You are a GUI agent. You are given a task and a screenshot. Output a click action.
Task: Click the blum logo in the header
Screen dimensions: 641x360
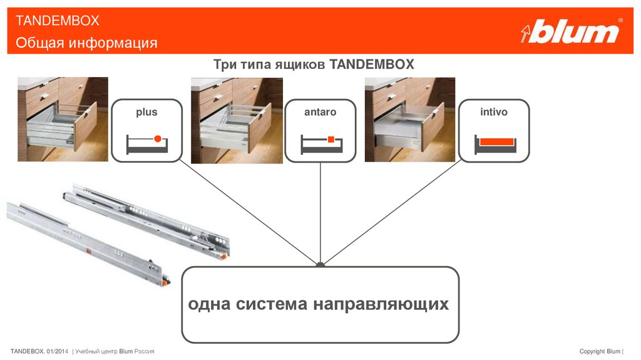pos(572,31)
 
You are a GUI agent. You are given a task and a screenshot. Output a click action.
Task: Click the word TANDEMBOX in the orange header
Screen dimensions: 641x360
pos(57,21)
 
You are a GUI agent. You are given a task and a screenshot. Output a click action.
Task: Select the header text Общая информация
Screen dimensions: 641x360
pos(86,43)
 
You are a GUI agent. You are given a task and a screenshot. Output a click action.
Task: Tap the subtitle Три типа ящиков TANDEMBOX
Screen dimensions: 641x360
pos(314,64)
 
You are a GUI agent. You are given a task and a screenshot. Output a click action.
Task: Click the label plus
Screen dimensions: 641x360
pos(146,112)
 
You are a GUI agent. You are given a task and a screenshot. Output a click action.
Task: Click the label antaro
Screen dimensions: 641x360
pos(320,112)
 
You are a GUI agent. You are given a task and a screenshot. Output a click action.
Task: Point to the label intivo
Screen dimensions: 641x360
pos(493,112)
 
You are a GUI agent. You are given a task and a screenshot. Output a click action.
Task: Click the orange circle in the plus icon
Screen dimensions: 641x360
pos(157,139)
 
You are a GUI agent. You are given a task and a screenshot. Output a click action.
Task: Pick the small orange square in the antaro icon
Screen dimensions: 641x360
pos(331,140)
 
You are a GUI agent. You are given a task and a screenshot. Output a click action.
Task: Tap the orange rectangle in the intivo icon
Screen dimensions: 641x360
pos(496,142)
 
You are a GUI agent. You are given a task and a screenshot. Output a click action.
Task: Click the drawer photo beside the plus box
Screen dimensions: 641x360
pos(63,119)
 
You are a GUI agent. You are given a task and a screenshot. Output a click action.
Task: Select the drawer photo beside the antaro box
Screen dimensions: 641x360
pos(237,121)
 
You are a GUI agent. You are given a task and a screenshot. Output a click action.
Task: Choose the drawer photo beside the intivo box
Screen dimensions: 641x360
pos(409,120)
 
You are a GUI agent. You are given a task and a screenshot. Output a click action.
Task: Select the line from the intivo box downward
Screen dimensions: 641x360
pos(392,212)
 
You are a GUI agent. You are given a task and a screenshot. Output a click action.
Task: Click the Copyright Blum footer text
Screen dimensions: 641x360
pos(600,351)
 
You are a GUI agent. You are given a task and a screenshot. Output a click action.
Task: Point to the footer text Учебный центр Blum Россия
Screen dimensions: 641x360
pos(115,351)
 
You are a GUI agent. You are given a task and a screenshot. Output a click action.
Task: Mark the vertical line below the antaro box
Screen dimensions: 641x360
pos(320,213)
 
